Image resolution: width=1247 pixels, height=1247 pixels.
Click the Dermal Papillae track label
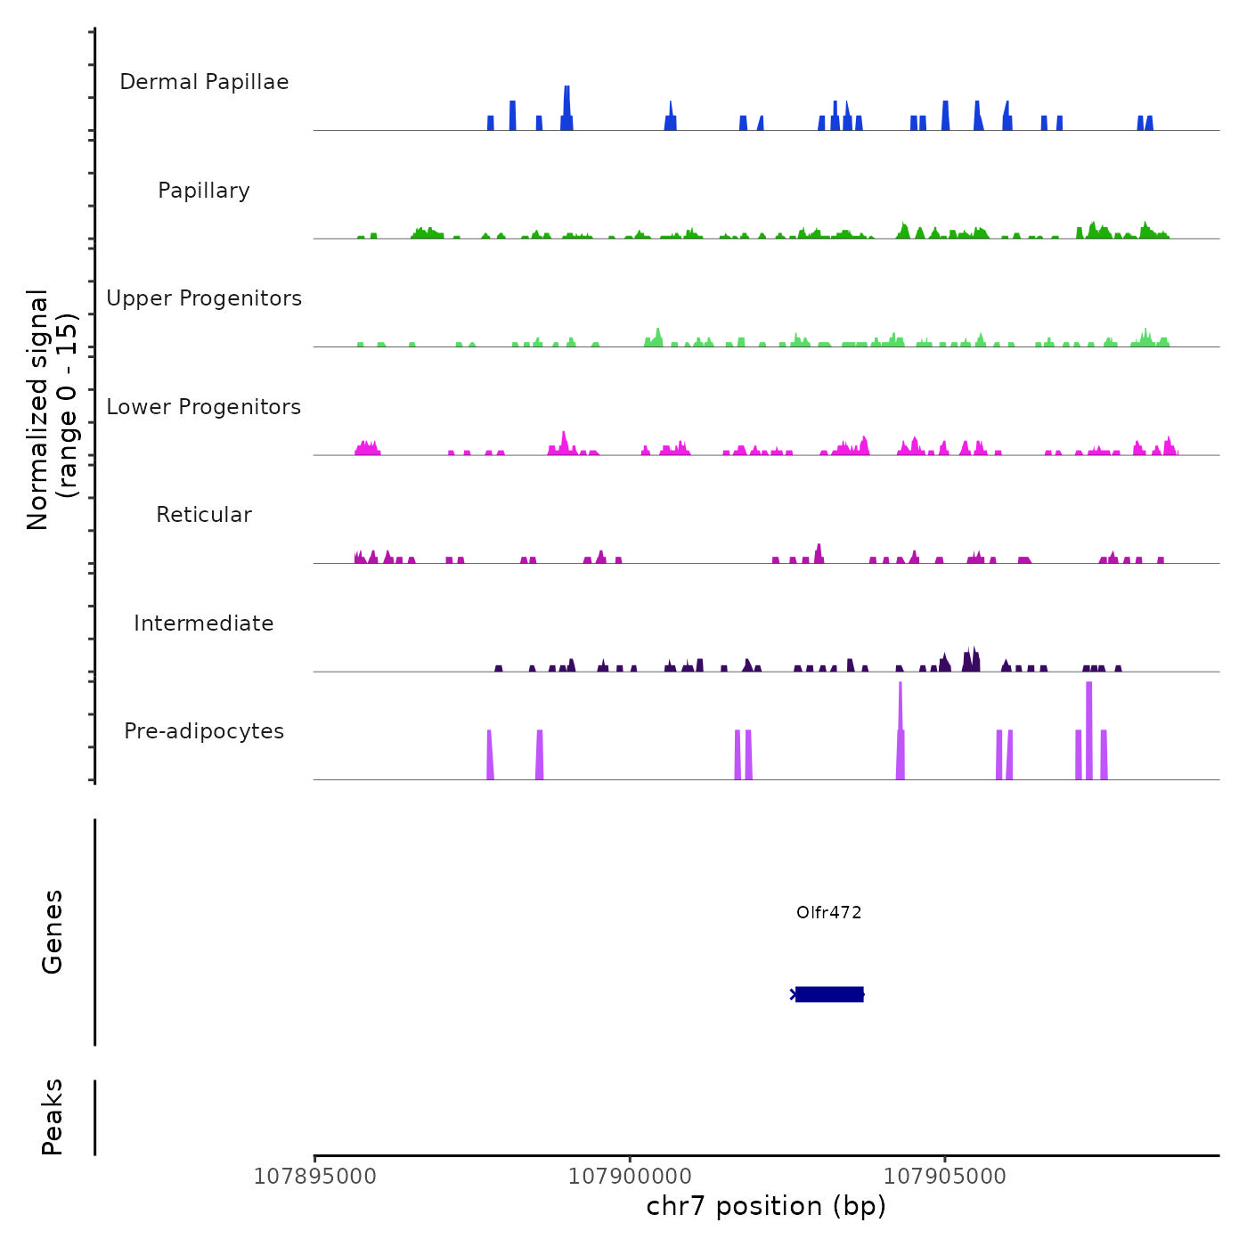tap(204, 82)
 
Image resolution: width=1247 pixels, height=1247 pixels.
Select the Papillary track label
tap(204, 191)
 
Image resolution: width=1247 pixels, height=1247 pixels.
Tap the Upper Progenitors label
tap(204, 298)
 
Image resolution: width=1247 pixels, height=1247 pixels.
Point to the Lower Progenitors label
tap(204, 407)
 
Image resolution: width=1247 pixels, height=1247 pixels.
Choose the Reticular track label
tap(204, 515)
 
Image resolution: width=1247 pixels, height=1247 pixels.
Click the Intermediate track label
tap(204, 623)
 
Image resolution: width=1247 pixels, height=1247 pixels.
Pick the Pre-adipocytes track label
tap(204, 731)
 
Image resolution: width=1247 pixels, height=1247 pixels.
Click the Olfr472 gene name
tap(828, 912)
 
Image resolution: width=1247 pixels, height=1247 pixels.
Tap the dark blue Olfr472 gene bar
tap(829, 994)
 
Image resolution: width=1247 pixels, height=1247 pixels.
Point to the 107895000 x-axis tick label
tap(314, 1177)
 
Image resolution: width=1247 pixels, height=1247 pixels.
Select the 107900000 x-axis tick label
tap(630, 1177)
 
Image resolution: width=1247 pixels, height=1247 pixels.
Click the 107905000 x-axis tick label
tap(945, 1177)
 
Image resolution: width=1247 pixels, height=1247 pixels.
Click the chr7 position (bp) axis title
tap(766, 1206)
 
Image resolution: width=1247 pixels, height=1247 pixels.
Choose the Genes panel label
tap(53, 932)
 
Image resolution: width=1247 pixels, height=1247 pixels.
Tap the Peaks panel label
tap(53, 1117)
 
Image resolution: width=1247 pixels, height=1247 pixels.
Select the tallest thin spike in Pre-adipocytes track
tap(901, 704)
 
